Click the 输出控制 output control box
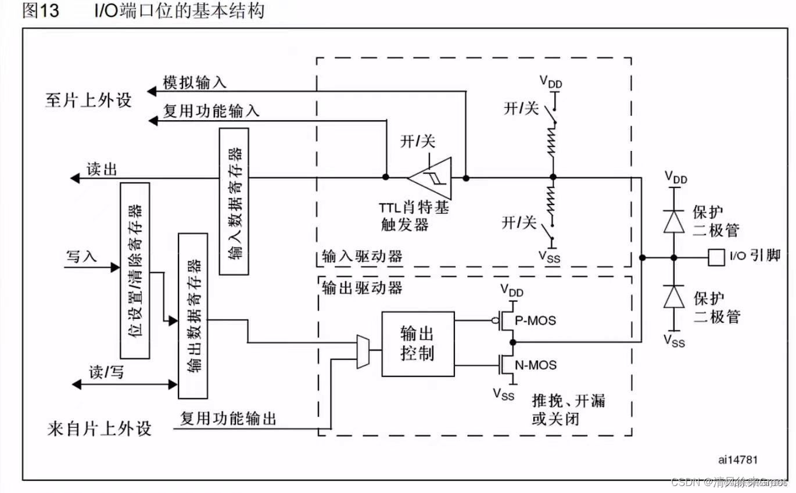click(417, 344)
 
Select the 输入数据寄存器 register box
click(234, 201)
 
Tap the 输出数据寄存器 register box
click(193, 315)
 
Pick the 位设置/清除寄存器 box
click(134, 270)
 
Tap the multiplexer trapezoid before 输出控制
click(362, 351)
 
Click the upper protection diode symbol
click(674, 220)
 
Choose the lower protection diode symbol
click(674, 297)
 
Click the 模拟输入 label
click(194, 83)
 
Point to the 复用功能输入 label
click(210, 111)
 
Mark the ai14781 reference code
click(738, 459)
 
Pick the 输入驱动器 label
click(362, 256)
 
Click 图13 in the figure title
click(41, 11)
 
